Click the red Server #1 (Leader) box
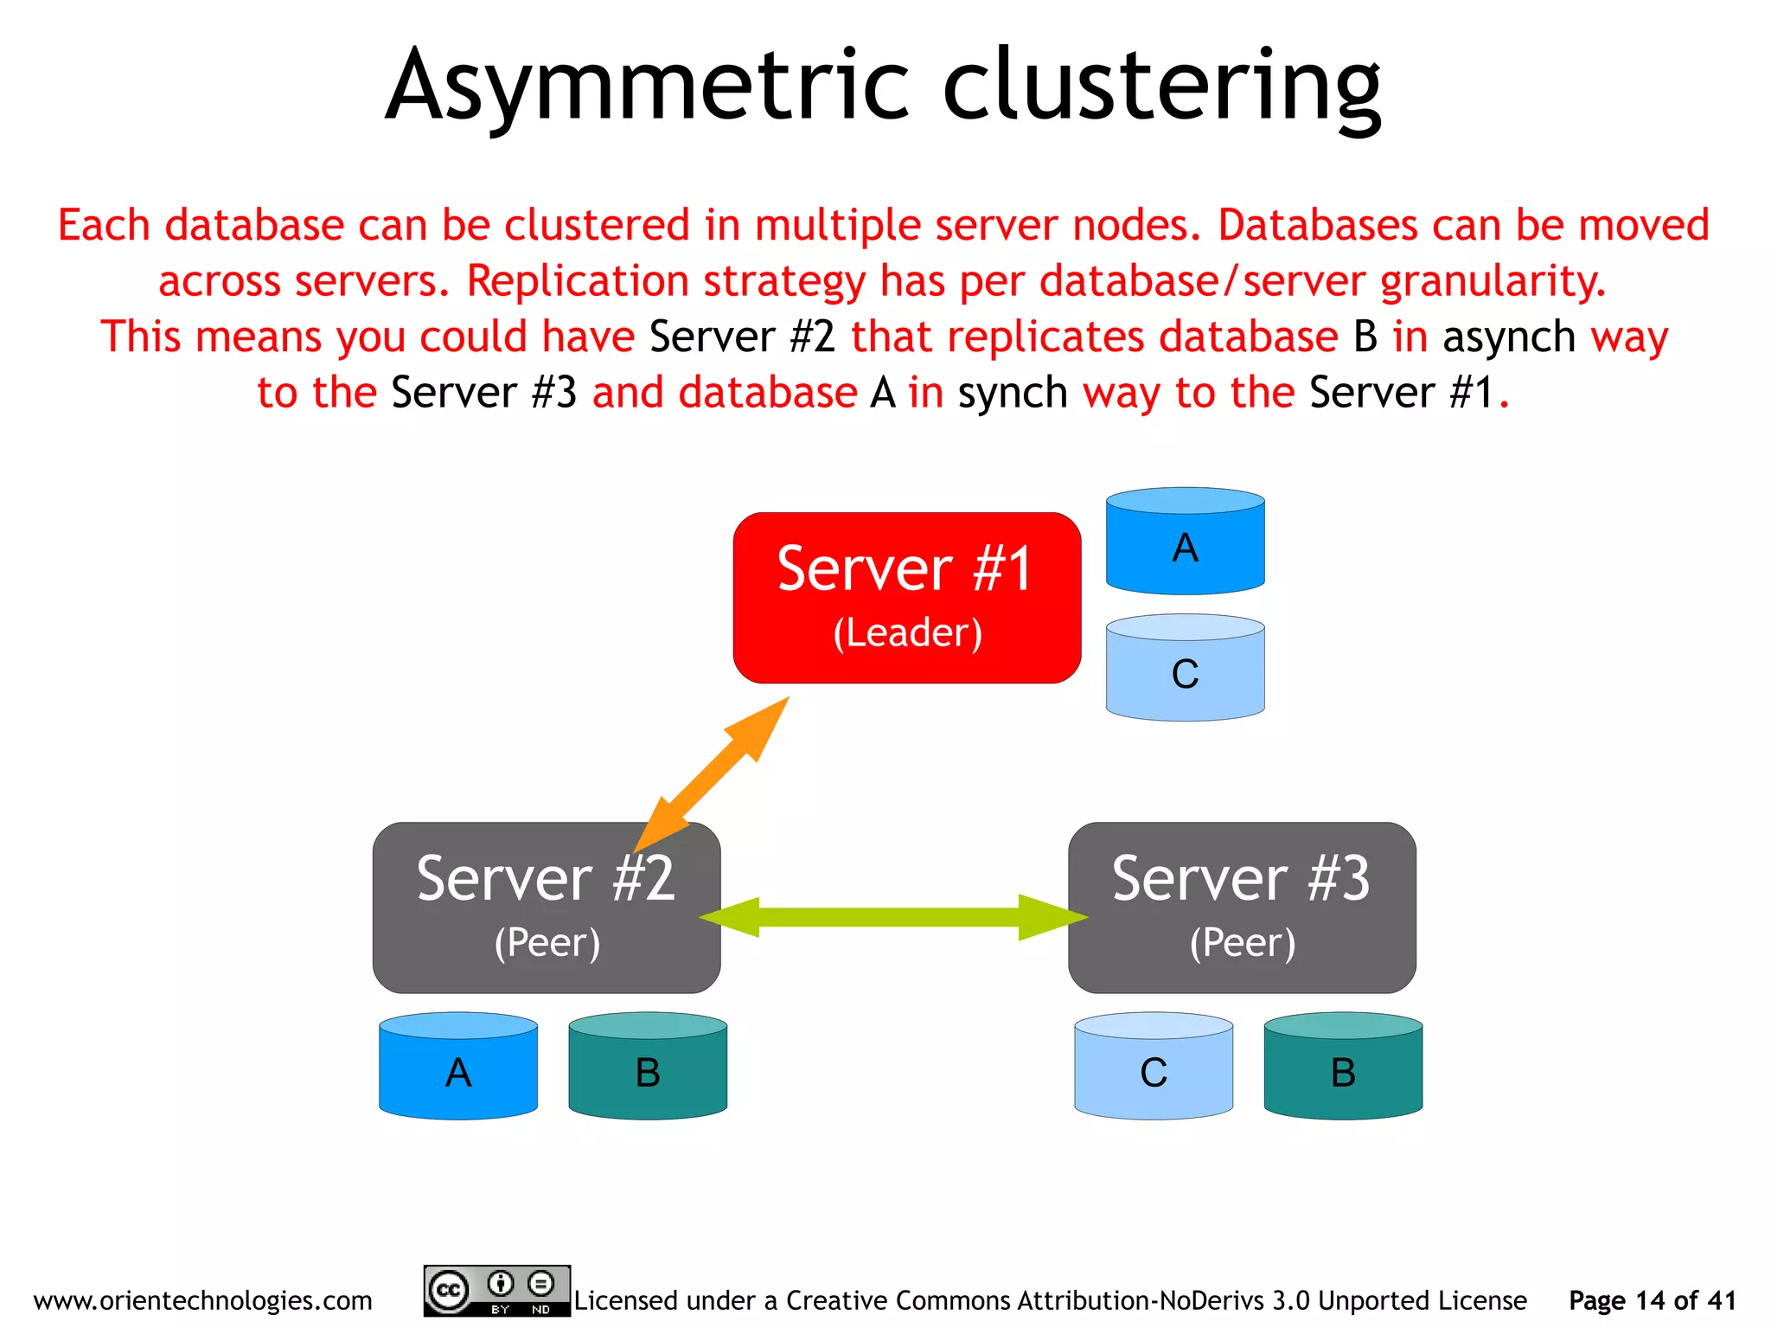coord(906,597)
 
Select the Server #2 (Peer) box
coord(546,907)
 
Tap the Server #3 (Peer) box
coord(1242,907)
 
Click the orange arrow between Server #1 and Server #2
coord(712,774)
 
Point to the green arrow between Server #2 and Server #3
coord(892,917)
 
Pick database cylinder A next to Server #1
coord(1185,542)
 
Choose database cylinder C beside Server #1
coord(1185,668)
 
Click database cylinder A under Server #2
coord(458,1067)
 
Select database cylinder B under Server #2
coord(648,1067)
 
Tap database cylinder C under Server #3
coord(1154,1067)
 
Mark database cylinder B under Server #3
coord(1343,1067)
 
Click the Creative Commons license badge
coord(496,1291)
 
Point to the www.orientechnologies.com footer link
coord(202,1300)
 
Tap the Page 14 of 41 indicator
coord(1652,1300)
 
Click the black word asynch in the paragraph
coord(1509,337)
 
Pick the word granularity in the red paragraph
coord(1493,281)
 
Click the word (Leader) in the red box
coord(907,632)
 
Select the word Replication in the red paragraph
coord(577,281)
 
